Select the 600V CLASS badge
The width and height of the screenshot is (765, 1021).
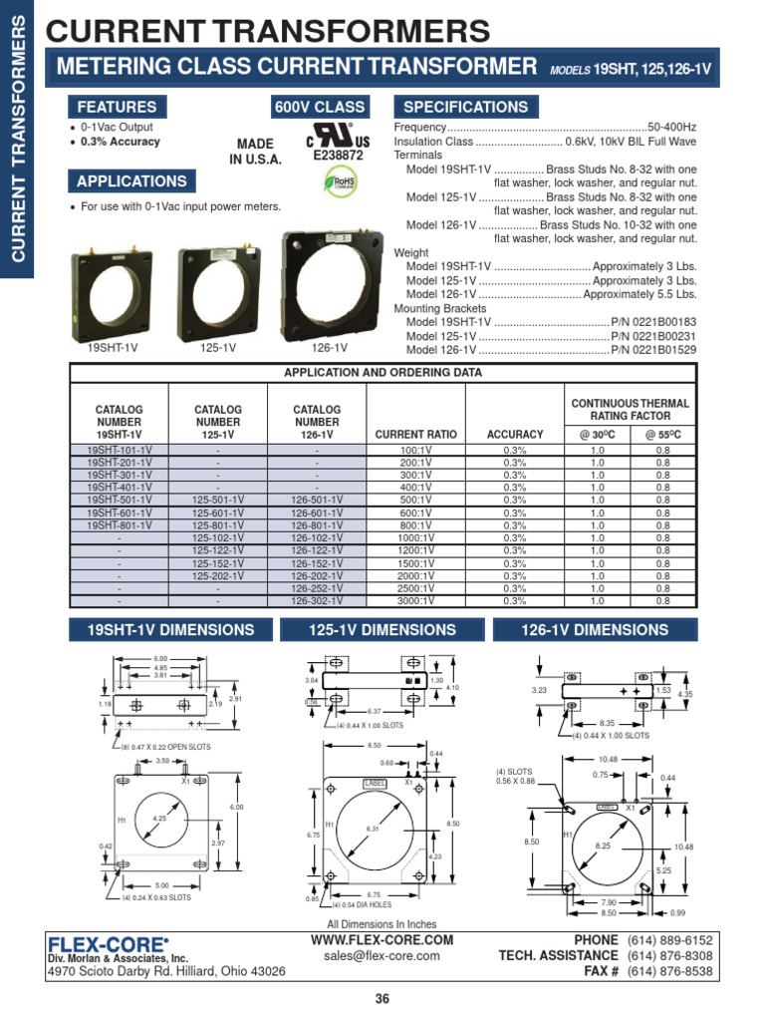(x=319, y=107)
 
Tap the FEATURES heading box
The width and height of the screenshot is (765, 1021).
(x=117, y=107)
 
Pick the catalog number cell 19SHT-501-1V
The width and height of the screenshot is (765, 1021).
(x=120, y=501)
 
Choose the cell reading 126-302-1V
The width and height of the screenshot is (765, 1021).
(x=317, y=601)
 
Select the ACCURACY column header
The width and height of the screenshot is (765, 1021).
(x=515, y=435)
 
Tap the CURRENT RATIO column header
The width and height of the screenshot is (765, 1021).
(x=415, y=435)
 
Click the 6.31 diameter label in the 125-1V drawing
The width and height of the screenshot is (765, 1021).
(x=373, y=830)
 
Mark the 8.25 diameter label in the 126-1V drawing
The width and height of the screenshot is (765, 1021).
(x=602, y=845)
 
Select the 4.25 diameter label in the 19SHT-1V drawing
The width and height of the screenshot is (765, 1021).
(x=158, y=819)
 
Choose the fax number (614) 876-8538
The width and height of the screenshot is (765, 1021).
(x=670, y=971)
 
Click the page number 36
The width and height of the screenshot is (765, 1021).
(x=382, y=1000)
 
